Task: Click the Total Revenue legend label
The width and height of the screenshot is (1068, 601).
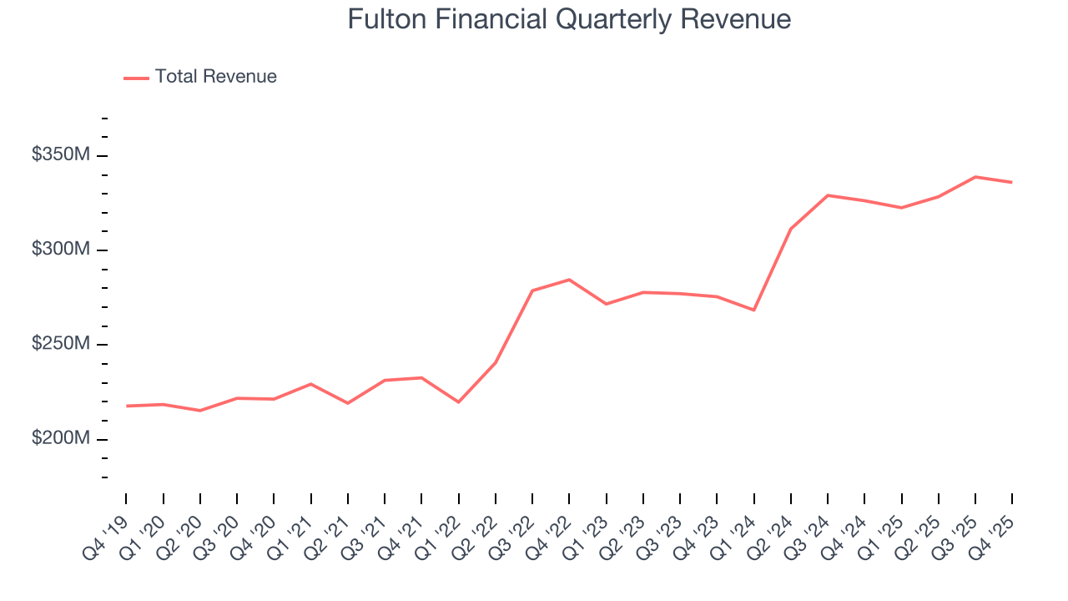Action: (x=215, y=77)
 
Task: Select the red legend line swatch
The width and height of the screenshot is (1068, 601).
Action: (x=136, y=78)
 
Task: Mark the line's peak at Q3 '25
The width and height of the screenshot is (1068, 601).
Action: (x=975, y=177)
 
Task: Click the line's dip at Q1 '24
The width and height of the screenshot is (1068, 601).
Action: (x=753, y=310)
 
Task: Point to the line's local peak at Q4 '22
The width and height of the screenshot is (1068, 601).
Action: (x=569, y=280)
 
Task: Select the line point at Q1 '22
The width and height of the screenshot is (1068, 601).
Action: (x=458, y=402)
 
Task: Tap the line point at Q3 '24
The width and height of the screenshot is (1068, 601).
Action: (x=827, y=195)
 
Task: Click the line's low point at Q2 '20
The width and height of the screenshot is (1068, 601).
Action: (x=200, y=411)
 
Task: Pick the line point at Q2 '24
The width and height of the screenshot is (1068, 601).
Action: (x=790, y=229)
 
